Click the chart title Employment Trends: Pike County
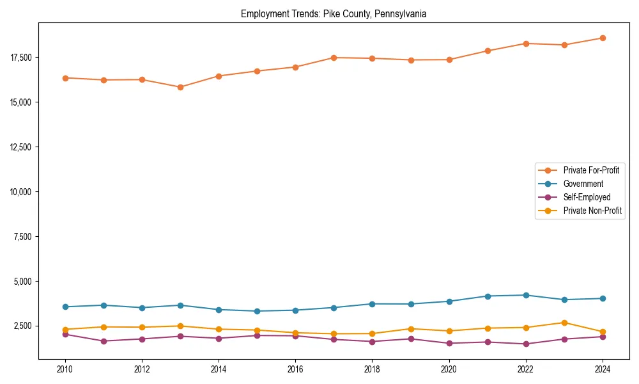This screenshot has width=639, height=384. (333, 13)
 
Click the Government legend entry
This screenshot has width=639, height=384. (583, 184)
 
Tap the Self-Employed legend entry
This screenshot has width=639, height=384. (587, 197)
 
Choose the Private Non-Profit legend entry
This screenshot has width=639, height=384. (592, 211)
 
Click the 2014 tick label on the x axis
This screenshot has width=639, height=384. (219, 369)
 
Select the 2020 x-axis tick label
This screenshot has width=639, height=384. (449, 369)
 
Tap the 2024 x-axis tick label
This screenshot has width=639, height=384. (603, 369)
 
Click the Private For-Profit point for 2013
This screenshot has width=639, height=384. (180, 87)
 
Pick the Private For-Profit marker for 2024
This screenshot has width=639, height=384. (603, 38)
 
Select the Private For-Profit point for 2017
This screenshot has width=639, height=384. (334, 58)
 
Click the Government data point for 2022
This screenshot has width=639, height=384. (526, 295)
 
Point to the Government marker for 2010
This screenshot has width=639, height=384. (65, 307)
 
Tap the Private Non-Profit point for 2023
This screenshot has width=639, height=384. (564, 323)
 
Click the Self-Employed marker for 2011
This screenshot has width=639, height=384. (104, 341)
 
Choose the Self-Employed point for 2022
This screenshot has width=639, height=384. (526, 344)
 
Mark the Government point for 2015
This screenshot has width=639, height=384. (257, 311)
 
